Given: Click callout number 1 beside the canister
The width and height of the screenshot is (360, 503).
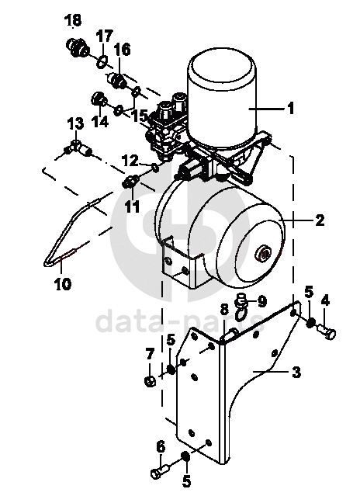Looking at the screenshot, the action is [x=290, y=109].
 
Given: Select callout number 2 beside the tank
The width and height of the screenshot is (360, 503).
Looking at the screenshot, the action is [x=320, y=220].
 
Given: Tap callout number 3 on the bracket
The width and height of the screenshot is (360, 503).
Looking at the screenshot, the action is [x=296, y=372].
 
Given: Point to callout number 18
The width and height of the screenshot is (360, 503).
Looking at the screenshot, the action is [x=73, y=20].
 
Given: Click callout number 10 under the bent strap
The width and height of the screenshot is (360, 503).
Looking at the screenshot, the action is [x=63, y=283].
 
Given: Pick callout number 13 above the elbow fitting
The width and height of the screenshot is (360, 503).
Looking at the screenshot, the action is [x=75, y=123].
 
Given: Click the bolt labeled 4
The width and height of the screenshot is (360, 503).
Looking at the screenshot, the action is [x=327, y=331].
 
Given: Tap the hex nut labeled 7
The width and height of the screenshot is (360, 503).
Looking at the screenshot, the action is [x=150, y=381].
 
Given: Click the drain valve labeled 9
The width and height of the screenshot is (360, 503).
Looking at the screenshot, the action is [x=241, y=305].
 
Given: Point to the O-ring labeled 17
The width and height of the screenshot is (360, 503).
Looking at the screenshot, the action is [x=102, y=61].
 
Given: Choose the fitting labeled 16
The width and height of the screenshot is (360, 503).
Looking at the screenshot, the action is [x=117, y=81].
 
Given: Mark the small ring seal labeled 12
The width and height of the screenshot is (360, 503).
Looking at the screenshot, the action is [x=155, y=168].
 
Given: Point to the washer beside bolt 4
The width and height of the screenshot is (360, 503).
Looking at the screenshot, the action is [x=310, y=323].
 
